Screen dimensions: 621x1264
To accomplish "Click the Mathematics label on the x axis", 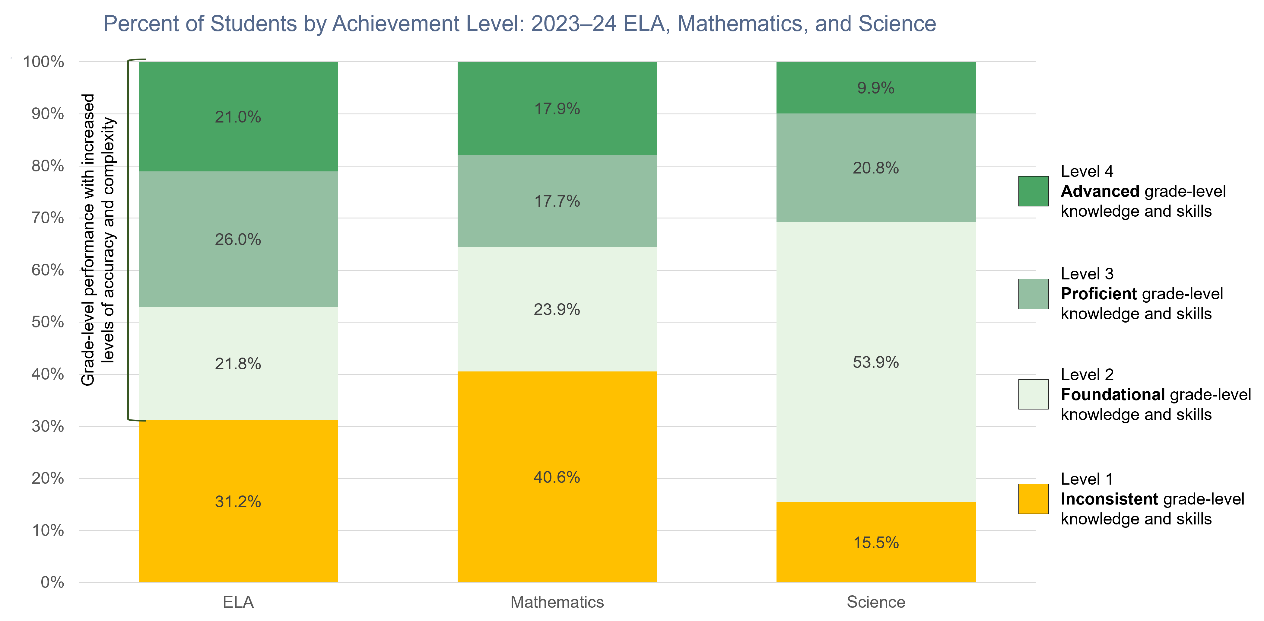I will click(557, 602).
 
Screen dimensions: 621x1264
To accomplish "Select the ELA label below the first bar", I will click(238, 602).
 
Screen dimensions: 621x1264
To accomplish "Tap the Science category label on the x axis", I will click(876, 602).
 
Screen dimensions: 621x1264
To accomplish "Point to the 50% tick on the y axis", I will click(48, 322).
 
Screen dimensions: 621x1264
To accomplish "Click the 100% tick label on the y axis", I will click(44, 62).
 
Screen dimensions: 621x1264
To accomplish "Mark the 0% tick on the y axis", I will click(52, 582).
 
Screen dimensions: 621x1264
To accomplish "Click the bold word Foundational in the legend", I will click(1112, 394).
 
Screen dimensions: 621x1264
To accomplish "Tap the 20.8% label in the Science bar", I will click(876, 168).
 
